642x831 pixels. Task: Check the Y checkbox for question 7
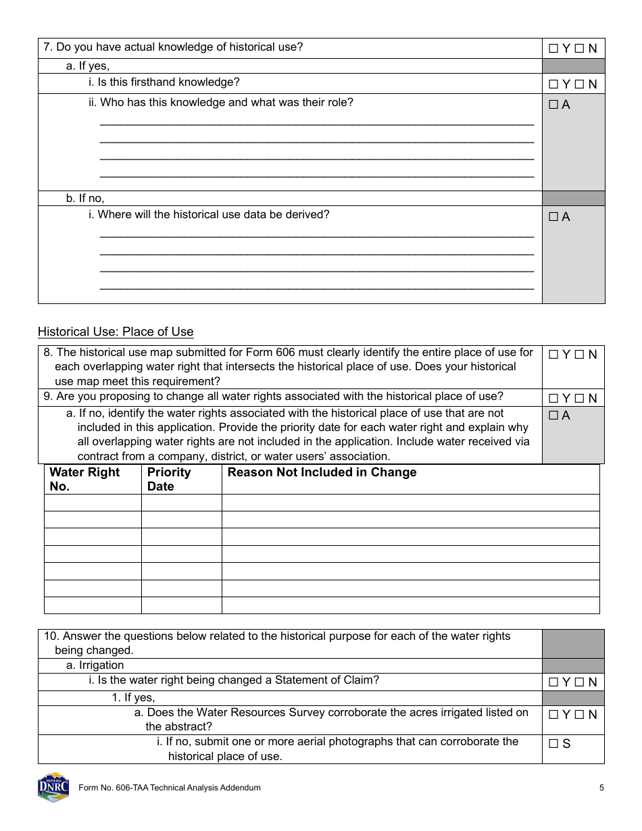tap(553, 49)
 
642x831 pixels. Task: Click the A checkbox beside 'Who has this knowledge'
tap(553, 105)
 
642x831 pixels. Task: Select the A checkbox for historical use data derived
tap(553, 218)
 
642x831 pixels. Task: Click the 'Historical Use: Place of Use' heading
tap(116, 332)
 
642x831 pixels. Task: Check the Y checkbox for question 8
tap(553, 355)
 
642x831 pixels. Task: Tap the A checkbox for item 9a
tap(553, 416)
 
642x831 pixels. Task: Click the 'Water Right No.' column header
tap(84, 479)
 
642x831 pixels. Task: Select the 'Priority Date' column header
tap(169, 479)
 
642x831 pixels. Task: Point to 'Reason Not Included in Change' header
tap(322, 472)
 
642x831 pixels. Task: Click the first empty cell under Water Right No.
tap(93, 503)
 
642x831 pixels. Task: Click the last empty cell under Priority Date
tap(181, 605)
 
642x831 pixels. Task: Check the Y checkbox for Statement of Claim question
tap(553, 682)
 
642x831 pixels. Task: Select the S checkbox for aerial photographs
tap(553, 744)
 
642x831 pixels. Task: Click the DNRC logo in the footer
tap(53, 787)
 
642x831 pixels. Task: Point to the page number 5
tap(601, 788)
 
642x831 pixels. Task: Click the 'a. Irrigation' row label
tap(95, 665)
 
